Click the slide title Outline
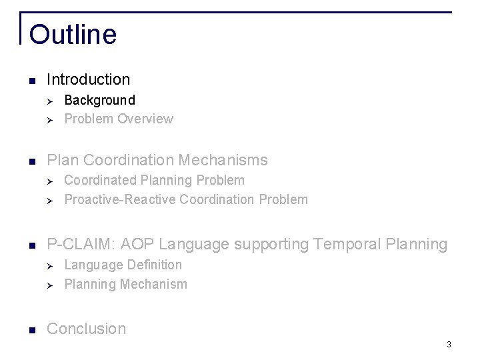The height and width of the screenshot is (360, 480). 73,35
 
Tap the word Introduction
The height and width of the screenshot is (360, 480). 89,79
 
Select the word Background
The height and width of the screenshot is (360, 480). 99,100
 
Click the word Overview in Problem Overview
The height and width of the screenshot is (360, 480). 145,119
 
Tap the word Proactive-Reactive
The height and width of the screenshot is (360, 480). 120,199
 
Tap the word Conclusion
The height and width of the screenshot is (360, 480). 87,329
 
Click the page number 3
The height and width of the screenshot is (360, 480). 449,345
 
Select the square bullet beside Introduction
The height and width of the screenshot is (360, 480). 32,81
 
